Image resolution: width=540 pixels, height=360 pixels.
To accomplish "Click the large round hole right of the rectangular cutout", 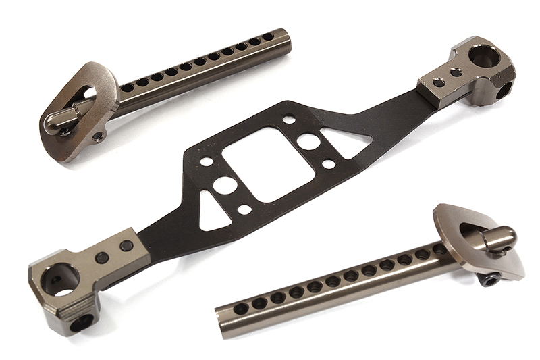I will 309,141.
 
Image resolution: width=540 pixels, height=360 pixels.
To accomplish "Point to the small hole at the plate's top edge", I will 289,120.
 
